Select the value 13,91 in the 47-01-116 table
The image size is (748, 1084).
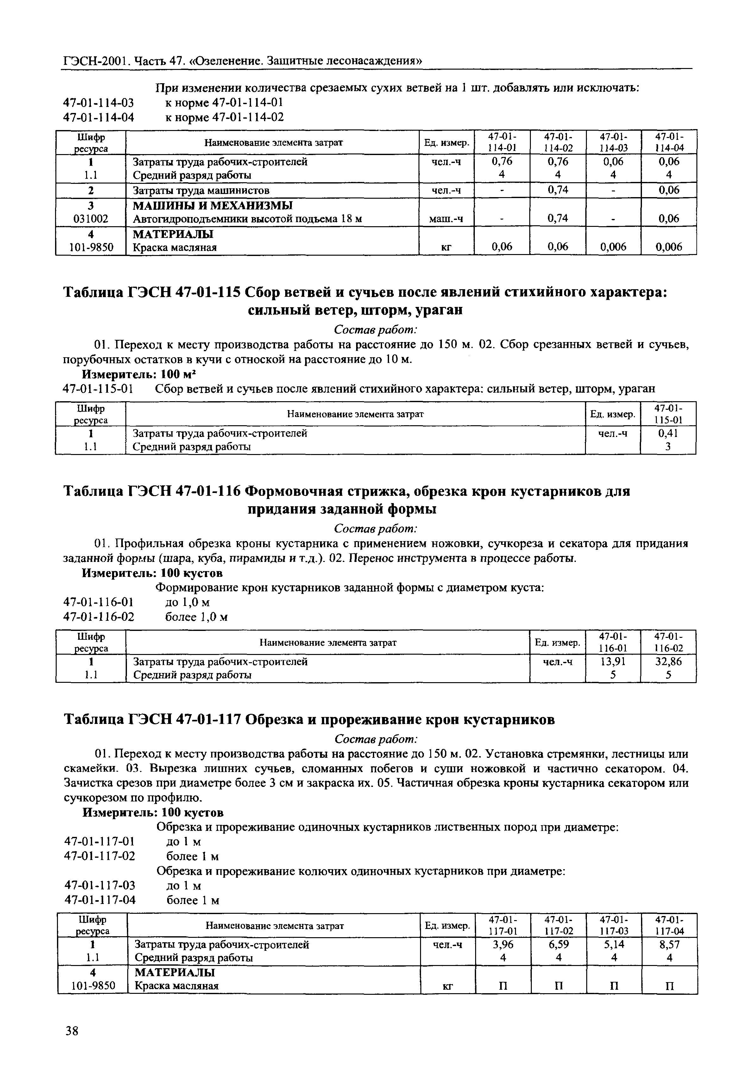pos(613,662)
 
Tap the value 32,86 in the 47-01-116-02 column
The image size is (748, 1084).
pos(668,662)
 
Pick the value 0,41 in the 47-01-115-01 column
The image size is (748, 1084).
pos(668,433)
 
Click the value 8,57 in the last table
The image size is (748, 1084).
pos(669,944)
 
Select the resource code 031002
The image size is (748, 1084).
pos(91,219)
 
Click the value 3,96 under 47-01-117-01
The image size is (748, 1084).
pos(503,944)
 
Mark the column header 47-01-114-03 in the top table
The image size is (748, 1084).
pos(613,142)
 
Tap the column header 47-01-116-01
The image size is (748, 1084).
pos(613,642)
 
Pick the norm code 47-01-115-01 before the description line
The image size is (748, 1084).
pos(98,389)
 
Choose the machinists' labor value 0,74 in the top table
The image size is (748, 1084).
pos(558,190)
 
